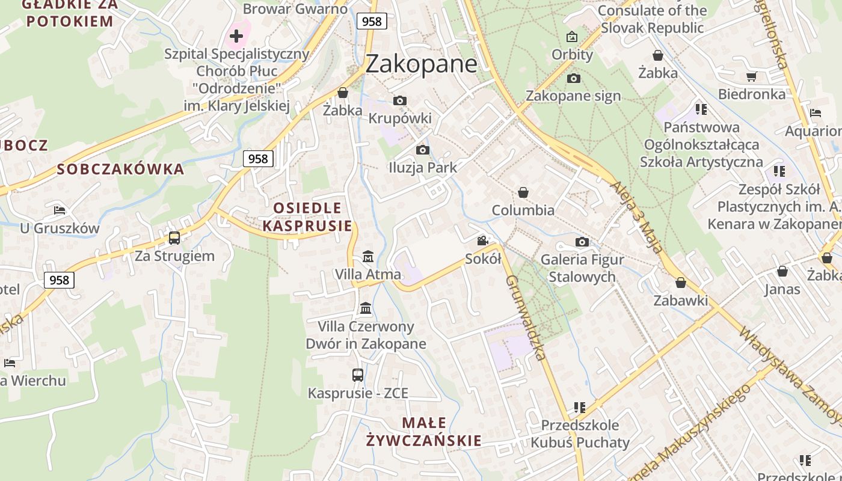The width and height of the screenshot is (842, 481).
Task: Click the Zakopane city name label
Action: [x=421, y=64]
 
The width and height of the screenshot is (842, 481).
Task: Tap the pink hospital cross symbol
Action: [x=236, y=36]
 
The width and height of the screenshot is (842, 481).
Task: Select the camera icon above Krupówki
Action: [x=400, y=100]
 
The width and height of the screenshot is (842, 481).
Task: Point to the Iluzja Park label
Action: [x=422, y=168]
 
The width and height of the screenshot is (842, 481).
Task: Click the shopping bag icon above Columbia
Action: [x=523, y=192]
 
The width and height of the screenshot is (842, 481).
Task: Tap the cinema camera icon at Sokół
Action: [x=482, y=241]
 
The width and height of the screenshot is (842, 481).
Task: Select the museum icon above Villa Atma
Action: [x=368, y=257]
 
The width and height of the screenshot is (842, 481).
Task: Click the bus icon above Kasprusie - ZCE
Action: [x=358, y=375]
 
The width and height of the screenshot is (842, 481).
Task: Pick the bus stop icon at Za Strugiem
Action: [x=174, y=238]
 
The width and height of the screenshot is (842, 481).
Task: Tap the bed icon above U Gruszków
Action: [x=60, y=210]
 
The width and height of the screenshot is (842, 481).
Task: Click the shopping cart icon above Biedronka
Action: [x=751, y=76]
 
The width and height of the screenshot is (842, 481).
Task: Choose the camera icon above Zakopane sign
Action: [x=573, y=78]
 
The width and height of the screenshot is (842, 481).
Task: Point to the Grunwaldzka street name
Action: [x=526, y=317]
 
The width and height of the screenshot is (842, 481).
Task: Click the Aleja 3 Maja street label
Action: [x=637, y=217]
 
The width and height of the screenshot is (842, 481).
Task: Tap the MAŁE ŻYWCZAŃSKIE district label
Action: [x=424, y=432]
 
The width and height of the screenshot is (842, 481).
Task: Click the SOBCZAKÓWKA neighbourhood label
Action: [x=120, y=169]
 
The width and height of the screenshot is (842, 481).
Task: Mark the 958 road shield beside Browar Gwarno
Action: [x=372, y=21]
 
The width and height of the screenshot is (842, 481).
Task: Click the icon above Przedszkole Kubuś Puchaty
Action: [x=580, y=408]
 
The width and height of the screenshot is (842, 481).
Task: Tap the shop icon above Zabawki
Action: [x=681, y=283]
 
